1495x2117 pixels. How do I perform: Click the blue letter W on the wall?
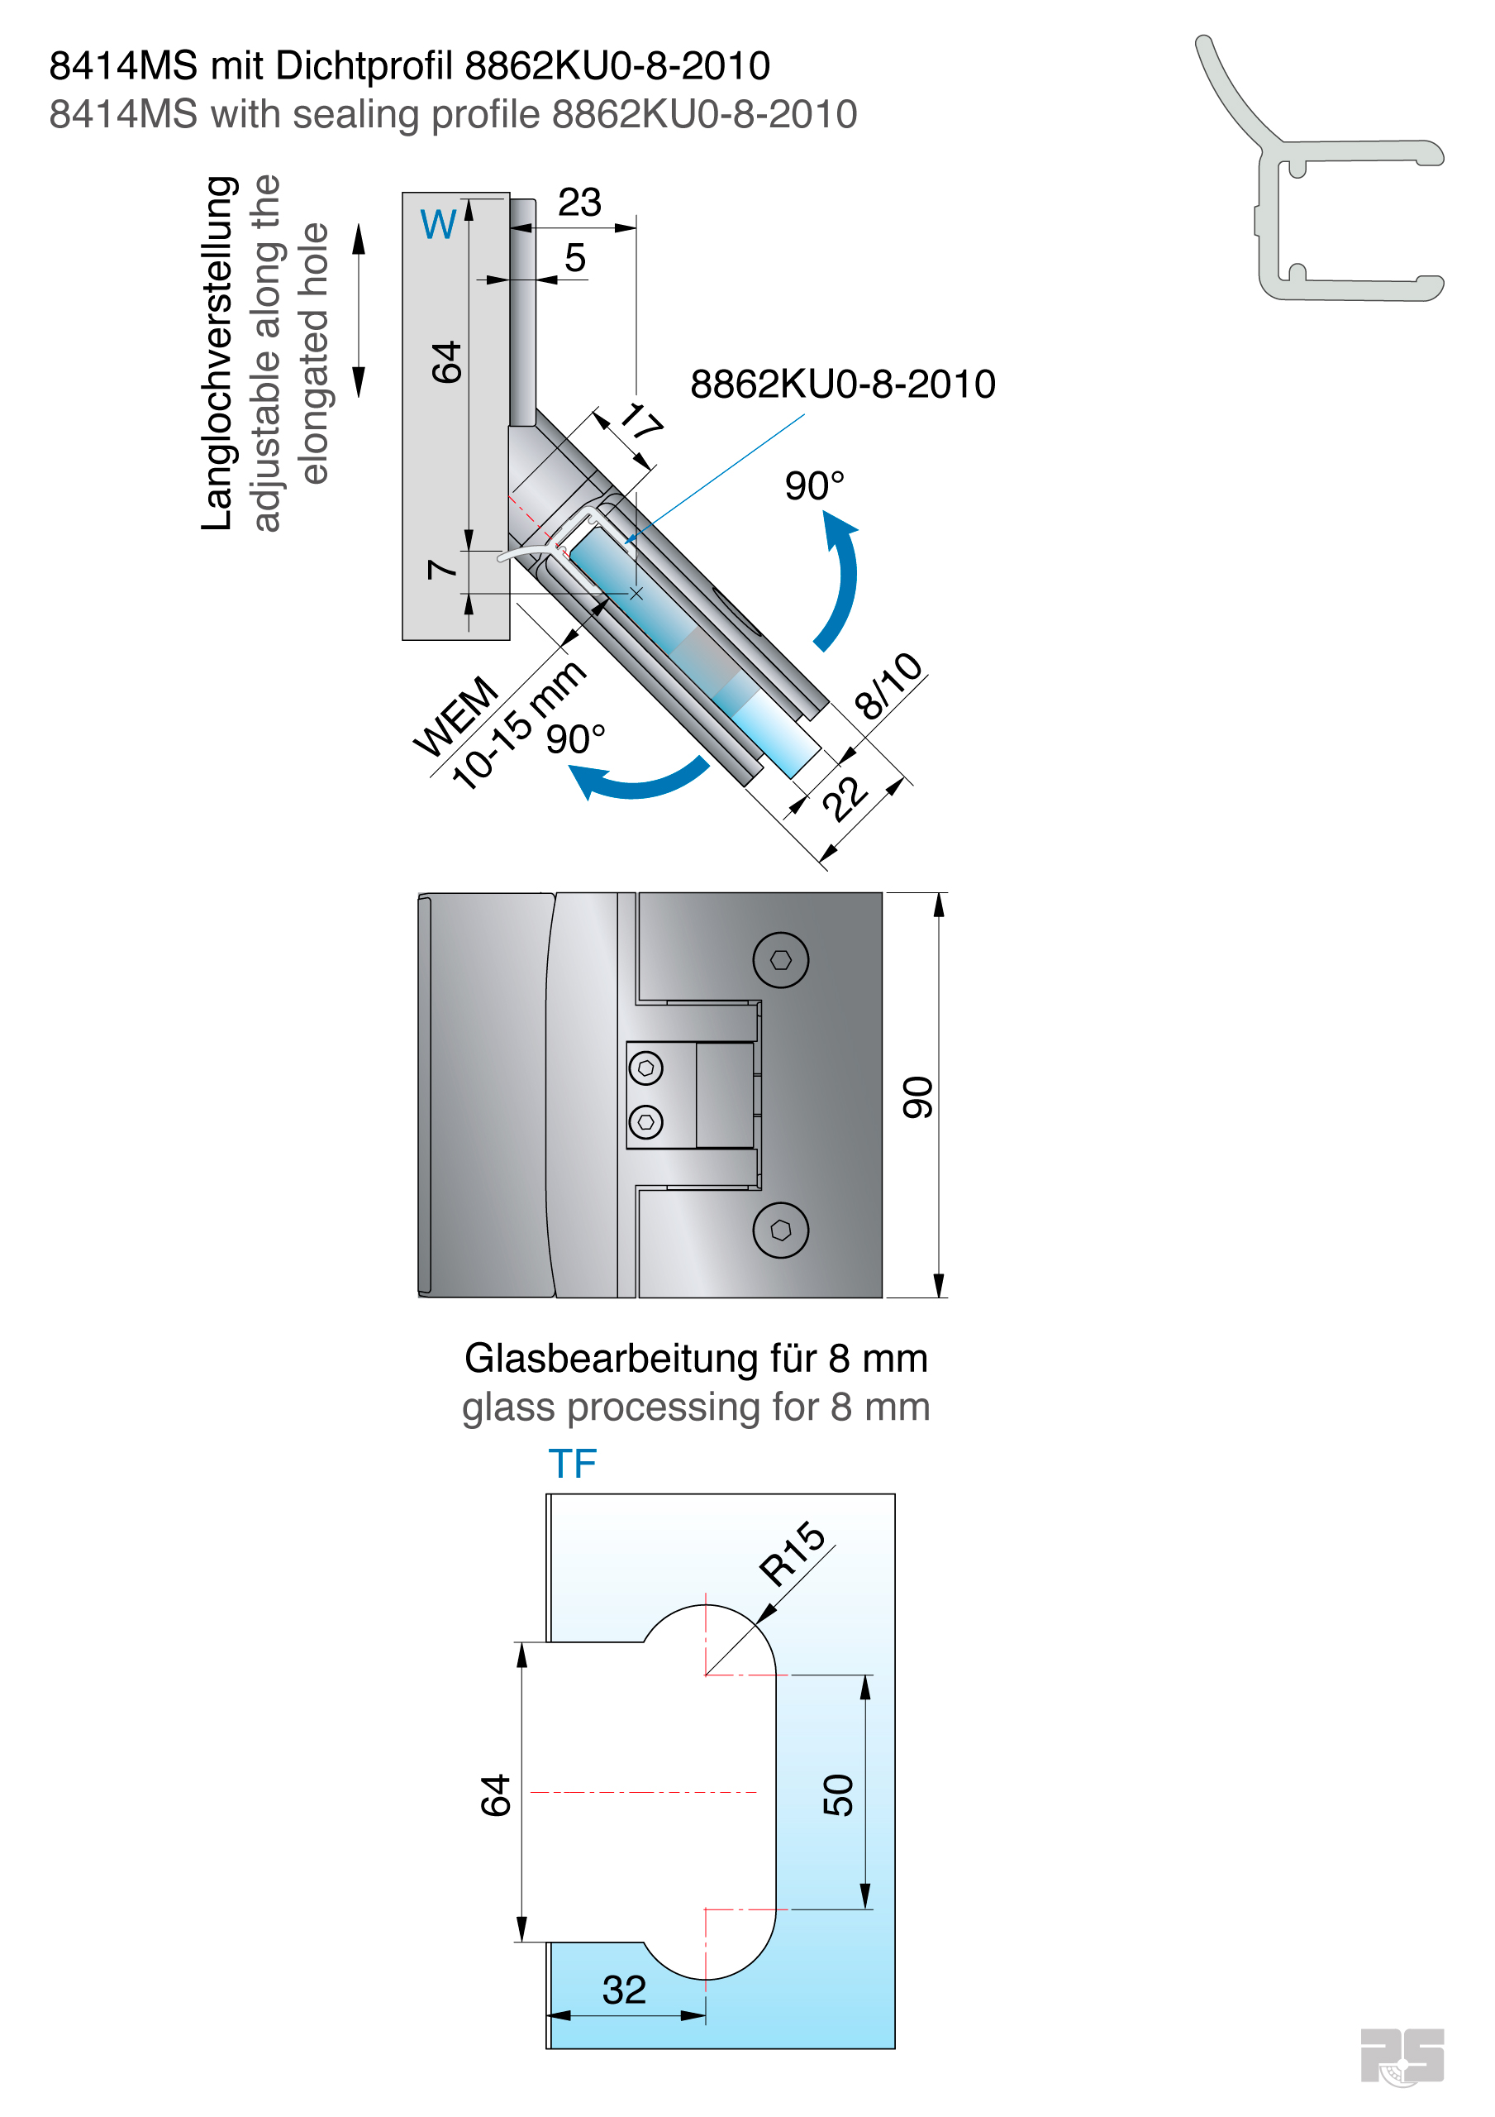438,225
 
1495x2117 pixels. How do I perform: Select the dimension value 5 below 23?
575,258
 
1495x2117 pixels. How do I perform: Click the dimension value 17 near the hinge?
641,423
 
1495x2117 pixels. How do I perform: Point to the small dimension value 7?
443,569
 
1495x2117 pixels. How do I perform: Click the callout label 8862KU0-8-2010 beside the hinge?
842,385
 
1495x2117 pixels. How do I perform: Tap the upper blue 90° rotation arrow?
839,581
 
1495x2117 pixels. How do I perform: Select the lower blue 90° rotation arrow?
636,780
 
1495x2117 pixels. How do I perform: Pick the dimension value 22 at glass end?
845,799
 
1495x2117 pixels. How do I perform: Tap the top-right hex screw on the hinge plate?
780,960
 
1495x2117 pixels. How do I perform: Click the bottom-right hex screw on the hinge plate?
780,1229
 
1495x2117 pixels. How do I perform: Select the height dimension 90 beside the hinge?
918,1097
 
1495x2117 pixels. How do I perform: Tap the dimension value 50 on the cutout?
838,1794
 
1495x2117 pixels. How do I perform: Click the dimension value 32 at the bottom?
624,1990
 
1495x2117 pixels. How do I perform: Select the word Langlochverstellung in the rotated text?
217,352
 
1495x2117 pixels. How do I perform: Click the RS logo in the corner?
1402,2055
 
